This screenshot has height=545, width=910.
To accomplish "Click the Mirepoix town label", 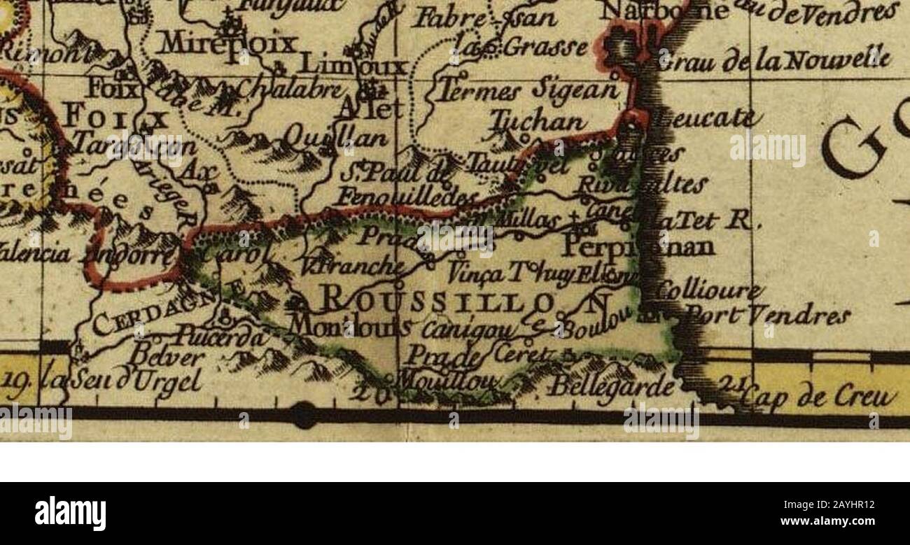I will tap(227, 44).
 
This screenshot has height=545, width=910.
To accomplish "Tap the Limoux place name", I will tap(353, 66).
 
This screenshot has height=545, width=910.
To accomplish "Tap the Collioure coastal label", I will tap(708, 290).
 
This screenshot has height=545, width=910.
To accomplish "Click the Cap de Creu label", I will tap(819, 397).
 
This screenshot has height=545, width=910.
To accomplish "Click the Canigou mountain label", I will tap(470, 327).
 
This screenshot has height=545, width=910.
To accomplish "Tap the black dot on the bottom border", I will tap(303, 415).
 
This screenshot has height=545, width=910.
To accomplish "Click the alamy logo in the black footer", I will tap(70, 514).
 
